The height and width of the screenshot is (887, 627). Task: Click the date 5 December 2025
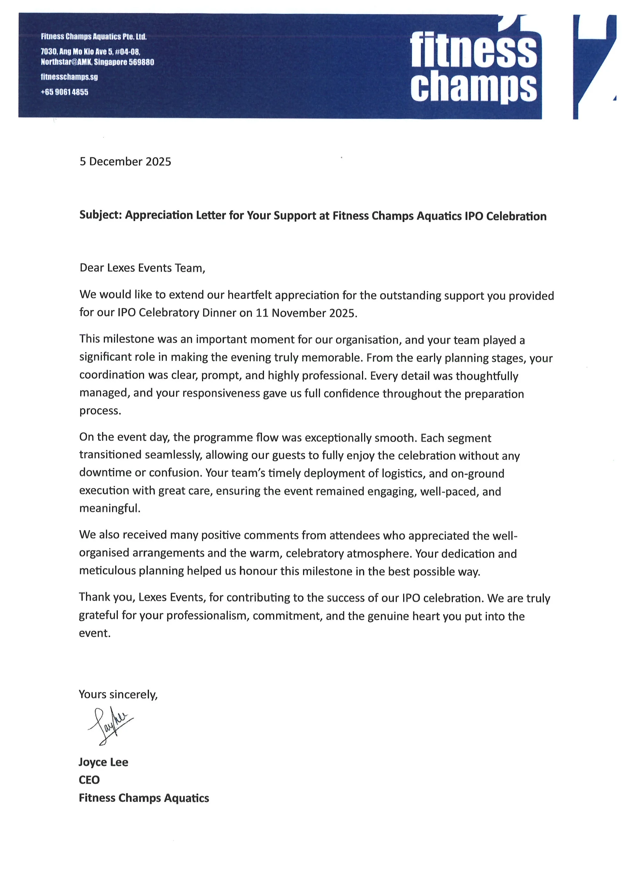click(125, 161)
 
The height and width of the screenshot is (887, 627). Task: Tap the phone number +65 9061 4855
click(64, 92)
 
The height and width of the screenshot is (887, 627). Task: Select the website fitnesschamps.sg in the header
click(69, 77)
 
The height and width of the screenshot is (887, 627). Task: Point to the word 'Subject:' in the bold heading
click(100, 215)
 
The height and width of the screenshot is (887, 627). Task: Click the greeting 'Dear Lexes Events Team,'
click(142, 268)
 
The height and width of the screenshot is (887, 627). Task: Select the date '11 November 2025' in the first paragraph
click(305, 313)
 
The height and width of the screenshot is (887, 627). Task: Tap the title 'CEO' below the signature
click(89, 780)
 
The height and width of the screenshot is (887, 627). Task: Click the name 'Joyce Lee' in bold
click(103, 762)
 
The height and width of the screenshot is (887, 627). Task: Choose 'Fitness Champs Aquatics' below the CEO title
click(144, 798)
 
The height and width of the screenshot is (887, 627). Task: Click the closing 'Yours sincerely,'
click(118, 694)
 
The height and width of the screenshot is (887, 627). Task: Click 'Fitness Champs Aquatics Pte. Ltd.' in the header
click(94, 37)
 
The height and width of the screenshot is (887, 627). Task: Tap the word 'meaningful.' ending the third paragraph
click(110, 508)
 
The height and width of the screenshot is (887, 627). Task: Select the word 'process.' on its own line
click(100, 411)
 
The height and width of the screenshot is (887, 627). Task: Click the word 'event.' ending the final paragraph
click(95, 633)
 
